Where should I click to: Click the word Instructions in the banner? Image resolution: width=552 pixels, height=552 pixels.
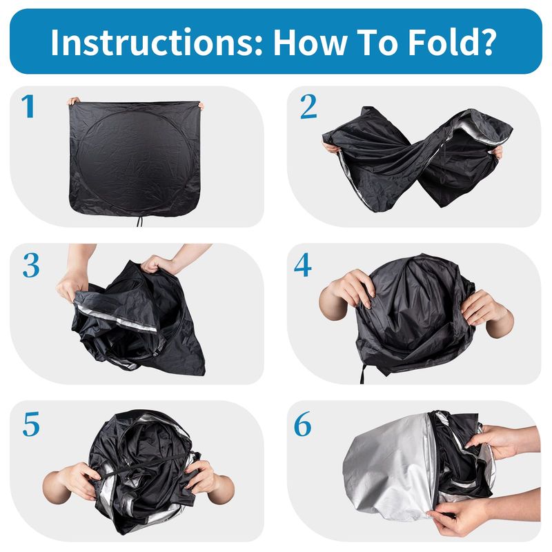pos(157,42)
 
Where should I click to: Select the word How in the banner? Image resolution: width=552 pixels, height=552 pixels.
pos(310,42)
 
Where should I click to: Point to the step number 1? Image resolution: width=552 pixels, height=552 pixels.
pos(28,106)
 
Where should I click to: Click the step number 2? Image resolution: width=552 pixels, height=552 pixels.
pos(308,106)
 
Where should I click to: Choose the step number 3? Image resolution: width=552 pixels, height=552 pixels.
pos(31,265)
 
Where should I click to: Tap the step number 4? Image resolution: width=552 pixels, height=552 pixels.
pos(303,265)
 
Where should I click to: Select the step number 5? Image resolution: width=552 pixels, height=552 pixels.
pos(31,424)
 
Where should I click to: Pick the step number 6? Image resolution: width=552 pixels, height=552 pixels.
pos(303,424)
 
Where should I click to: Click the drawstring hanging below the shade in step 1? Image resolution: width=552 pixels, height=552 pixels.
pos(140,221)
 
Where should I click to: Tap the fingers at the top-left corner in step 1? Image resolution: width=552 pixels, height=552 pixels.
pos(73,101)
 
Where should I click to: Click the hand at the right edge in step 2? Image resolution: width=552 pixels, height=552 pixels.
pos(497,152)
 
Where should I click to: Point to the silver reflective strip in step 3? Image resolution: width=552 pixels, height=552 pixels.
pos(117,319)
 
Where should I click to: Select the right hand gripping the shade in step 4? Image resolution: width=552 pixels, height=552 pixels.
pos(488,312)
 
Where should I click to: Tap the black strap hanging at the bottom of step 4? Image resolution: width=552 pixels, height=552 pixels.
pos(363,374)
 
